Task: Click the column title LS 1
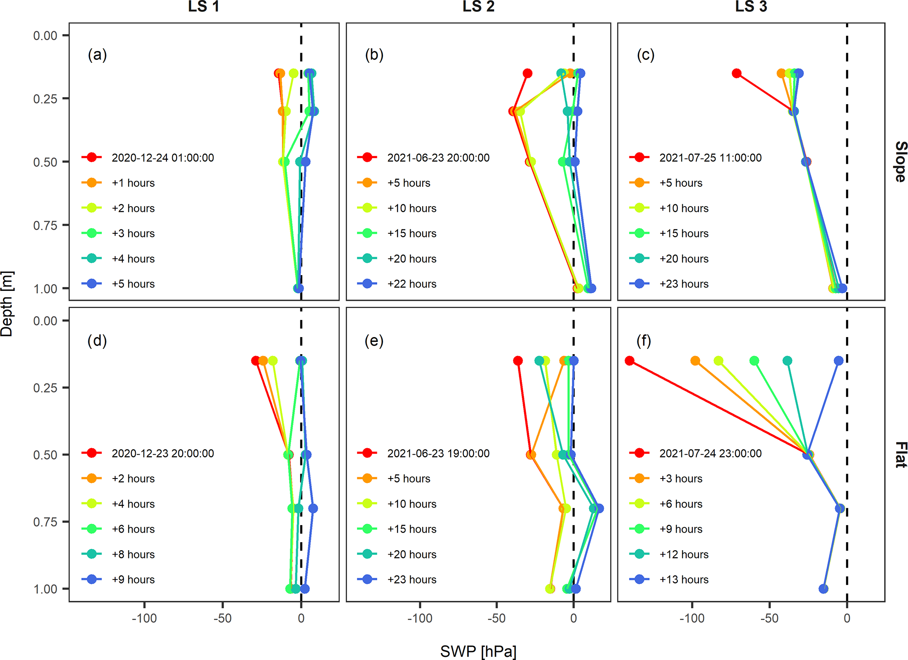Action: click(x=203, y=7)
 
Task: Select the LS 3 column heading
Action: click(x=751, y=7)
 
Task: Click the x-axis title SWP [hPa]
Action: click(x=478, y=651)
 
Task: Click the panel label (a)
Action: click(x=97, y=55)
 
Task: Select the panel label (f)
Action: click(x=644, y=341)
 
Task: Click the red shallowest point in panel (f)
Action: click(x=629, y=361)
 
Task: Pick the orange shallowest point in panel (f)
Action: click(x=695, y=361)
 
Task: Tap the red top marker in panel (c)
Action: click(x=737, y=73)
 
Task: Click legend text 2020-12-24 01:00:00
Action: click(x=163, y=158)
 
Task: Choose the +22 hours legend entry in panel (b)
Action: click(x=412, y=284)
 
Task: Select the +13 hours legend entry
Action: click(x=684, y=580)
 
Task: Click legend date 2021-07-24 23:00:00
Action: click(x=710, y=453)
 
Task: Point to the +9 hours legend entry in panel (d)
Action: click(x=133, y=580)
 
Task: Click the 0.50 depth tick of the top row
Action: click(x=45, y=162)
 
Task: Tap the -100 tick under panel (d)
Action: click(x=145, y=619)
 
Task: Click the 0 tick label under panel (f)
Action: click(x=847, y=619)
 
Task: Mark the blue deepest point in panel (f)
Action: click(x=824, y=588)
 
